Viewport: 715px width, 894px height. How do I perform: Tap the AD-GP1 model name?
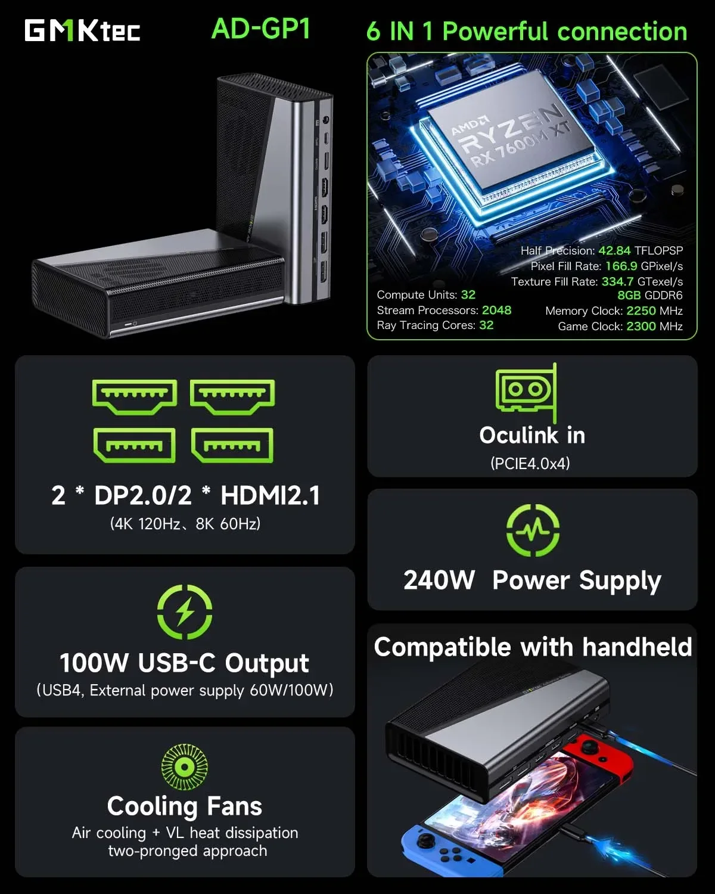coord(261,29)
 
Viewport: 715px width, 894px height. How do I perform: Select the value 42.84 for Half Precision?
coord(614,250)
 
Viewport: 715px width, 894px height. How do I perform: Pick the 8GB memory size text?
coord(629,296)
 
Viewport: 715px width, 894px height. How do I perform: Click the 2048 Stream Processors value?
coord(496,310)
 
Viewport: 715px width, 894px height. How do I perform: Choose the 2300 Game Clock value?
coord(641,326)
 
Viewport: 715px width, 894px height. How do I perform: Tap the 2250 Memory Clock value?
coord(641,311)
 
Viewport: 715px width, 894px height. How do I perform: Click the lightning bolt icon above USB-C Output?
coord(185,612)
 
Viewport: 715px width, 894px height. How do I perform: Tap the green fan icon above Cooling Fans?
coord(184,766)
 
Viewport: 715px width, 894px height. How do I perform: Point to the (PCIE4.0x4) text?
coord(530,463)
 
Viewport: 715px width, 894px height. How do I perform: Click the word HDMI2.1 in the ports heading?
coord(270,495)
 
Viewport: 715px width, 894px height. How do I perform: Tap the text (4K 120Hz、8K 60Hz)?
coord(185,524)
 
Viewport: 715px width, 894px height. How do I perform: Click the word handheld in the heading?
coord(636,647)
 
